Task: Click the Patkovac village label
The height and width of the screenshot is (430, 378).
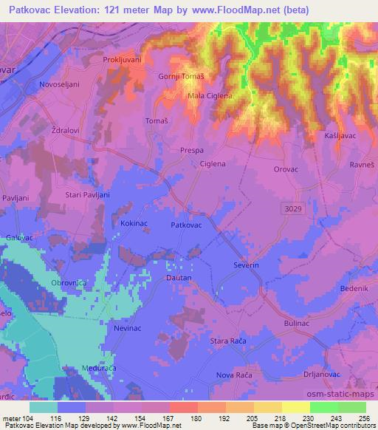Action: [186, 224]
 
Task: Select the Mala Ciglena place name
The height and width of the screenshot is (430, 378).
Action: [210, 95]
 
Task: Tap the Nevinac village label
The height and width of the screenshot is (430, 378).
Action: [127, 327]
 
